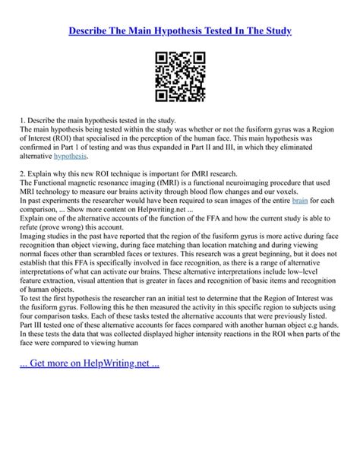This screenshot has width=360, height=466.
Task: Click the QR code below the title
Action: point(180,77)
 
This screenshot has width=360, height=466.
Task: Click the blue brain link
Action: point(299,200)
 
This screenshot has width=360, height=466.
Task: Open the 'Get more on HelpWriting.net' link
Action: point(93,362)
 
